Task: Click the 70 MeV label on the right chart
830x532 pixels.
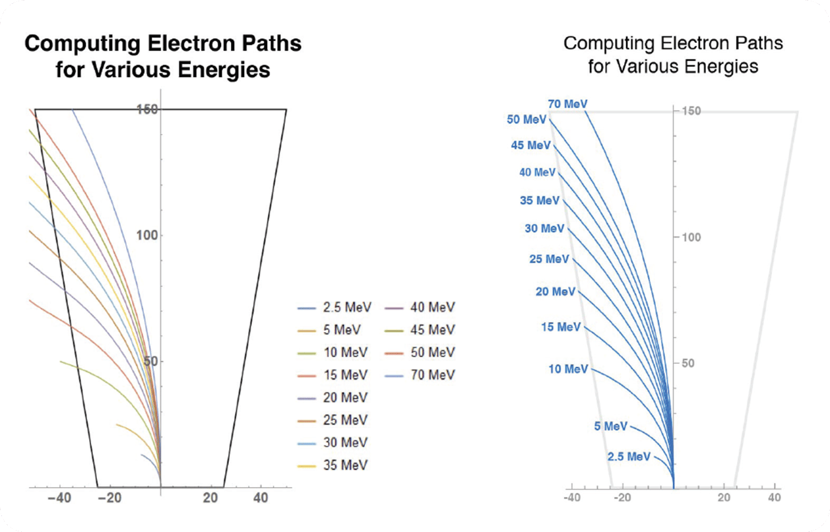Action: click(567, 104)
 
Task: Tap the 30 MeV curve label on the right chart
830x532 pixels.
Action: click(544, 228)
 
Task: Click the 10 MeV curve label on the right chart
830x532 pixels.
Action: click(567, 369)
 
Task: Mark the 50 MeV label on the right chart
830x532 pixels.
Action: click(527, 119)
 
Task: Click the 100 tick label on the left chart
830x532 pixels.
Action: click(146, 236)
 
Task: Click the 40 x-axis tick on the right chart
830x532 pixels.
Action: click(773, 496)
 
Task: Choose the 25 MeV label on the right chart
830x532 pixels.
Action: click(549, 259)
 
